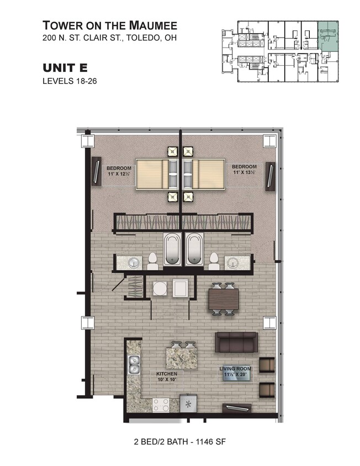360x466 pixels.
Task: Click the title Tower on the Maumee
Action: tap(109, 25)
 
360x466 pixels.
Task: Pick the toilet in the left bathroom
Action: tap(153, 261)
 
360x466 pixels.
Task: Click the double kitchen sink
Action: tap(133, 364)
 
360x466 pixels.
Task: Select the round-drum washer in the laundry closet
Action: tap(160, 288)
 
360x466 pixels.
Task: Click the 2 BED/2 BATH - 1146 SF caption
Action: tap(180, 442)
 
